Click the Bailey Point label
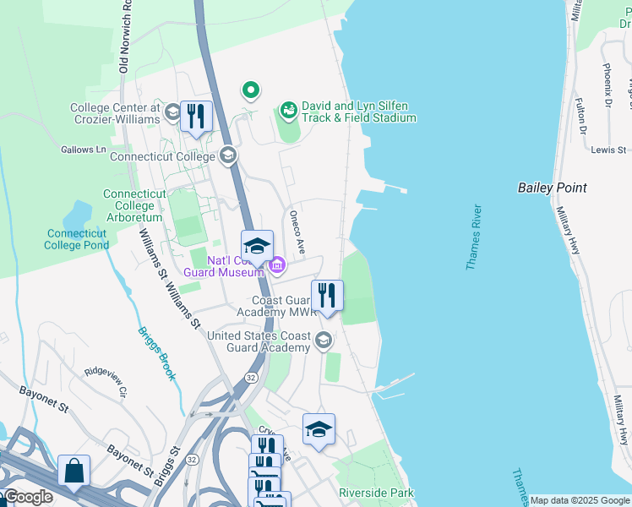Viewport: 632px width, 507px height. pos(552,188)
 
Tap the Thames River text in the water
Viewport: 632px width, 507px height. pos(473,237)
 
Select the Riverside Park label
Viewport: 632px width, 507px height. pos(376,493)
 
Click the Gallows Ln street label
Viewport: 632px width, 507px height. pos(84,150)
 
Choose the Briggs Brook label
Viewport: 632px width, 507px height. pos(155,353)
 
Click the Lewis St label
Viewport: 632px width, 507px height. pos(608,150)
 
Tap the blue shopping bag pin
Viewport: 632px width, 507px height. pos(74,470)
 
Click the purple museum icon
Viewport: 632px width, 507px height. pos(276,268)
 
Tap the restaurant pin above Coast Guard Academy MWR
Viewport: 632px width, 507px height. pos(327,295)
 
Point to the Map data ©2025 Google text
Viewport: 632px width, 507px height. pos(579,500)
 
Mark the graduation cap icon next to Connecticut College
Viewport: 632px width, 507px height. pos(227,155)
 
